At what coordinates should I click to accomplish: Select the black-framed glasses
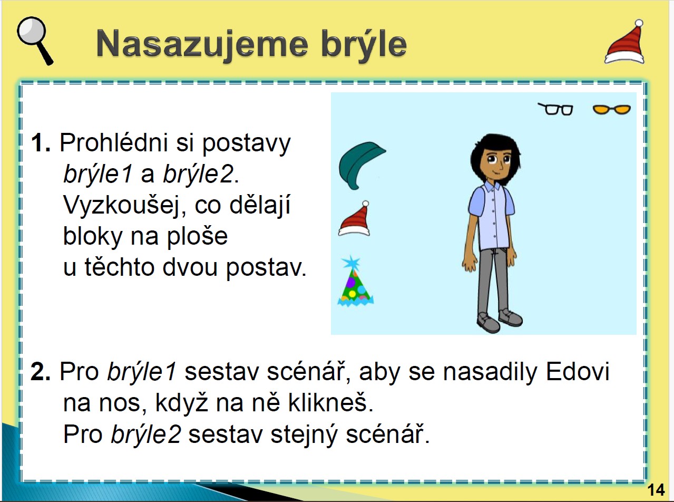click(555, 109)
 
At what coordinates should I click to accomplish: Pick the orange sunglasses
click(612, 109)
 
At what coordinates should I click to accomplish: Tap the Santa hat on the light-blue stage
click(355, 219)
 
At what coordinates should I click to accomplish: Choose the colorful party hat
click(355, 284)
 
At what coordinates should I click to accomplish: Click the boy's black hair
click(495, 146)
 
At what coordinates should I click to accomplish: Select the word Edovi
click(578, 372)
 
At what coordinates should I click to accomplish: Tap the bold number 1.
click(41, 142)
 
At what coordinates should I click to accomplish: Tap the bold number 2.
click(41, 372)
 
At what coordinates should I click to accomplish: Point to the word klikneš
click(330, 402)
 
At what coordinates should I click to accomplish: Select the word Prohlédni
click(114, 142)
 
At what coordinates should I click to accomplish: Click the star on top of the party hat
click(351, 262)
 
